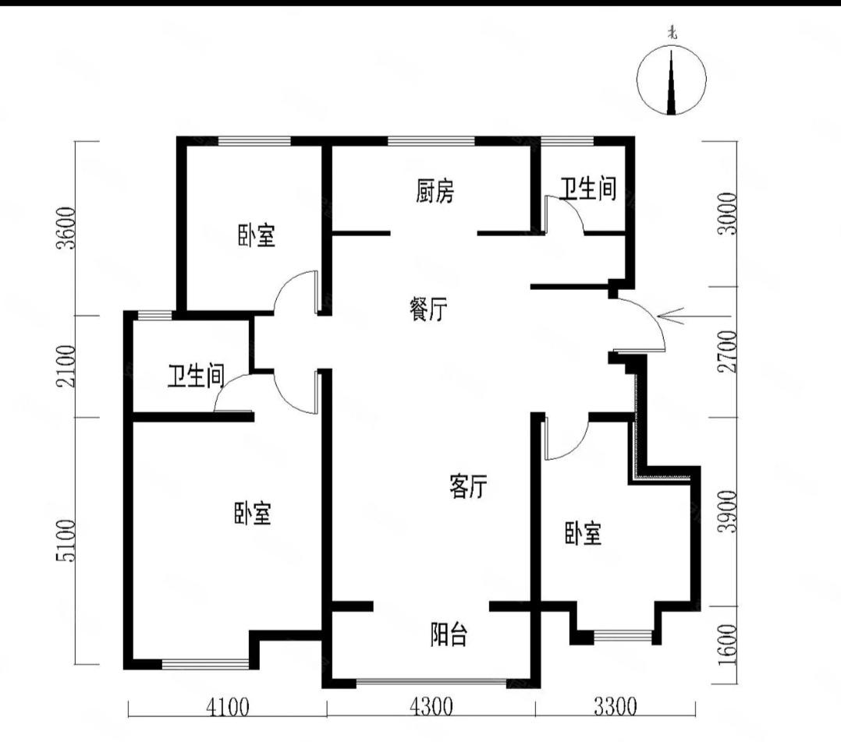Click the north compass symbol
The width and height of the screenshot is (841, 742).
[x=672, y=79]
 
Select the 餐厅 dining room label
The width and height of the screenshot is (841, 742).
[x=428, y=310]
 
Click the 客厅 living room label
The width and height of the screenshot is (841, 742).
[x=468, y=487]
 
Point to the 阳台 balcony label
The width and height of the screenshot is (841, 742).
[x=449, y=635]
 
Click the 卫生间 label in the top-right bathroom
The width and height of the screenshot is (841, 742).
[x=587, y=189]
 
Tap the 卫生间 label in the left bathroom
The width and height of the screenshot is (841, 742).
[x=195, y=378]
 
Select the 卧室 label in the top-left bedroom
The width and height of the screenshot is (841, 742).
[x=256, y=235]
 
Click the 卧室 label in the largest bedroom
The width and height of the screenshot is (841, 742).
[x=252, y=513]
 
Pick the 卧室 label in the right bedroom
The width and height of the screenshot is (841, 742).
[x=583, y=534]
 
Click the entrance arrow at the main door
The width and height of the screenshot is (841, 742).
[x=671, y=316]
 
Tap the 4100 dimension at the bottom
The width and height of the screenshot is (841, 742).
[x=227, y=708]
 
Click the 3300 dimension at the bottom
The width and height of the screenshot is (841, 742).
[x=615, y=708]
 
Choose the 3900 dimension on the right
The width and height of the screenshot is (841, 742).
[x=729, y=511]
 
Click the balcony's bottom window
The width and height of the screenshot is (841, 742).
[x=431, y=684]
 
